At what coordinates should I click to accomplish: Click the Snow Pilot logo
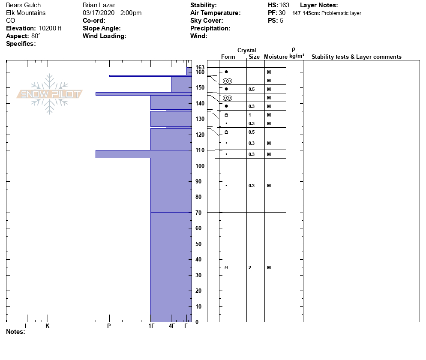pos(49,94)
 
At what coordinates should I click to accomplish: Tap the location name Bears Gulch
pos(24,5)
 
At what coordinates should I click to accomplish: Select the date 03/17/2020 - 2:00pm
pos(112,13)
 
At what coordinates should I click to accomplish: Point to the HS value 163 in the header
pos(284,5)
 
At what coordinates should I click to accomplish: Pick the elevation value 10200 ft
pos(50,28)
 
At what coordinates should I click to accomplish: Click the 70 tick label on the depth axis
pos(198,213)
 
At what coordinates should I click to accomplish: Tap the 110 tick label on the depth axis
pos(200,150)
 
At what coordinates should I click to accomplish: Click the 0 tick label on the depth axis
pos(197,322)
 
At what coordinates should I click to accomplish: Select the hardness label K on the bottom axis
pos(48,326)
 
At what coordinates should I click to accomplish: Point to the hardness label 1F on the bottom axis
pos(151,326)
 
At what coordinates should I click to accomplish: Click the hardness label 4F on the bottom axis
pos(172,326)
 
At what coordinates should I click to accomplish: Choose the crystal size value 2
pos(250,267)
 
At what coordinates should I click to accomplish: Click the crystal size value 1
pos(250,115)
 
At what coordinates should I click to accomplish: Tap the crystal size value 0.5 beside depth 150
pos(252,89)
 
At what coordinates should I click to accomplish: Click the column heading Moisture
pos(276,57)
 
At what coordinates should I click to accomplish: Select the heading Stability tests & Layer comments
pos(356,57)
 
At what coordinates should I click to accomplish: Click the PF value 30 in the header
pos(282,13)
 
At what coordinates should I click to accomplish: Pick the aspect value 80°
pos(36,36)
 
